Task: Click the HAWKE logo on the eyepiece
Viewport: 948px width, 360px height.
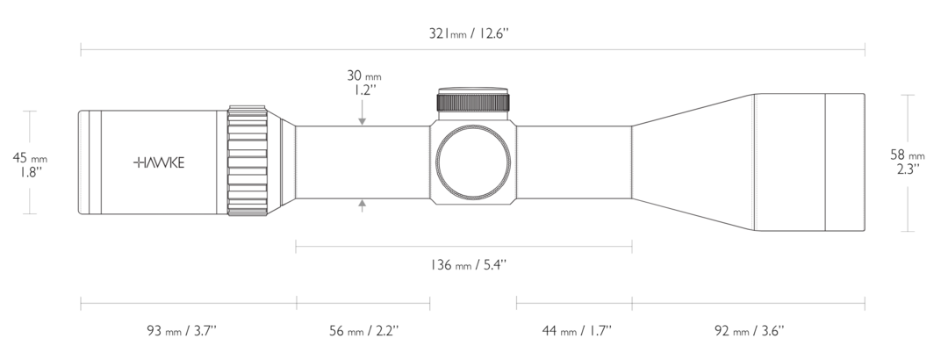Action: click(x=159, y=162)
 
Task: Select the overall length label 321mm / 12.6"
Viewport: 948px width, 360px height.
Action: click(x=470, y=33)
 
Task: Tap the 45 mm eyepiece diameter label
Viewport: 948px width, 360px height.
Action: click(x=30, y=158)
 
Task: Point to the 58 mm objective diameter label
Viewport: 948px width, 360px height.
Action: click(x=908, y=155)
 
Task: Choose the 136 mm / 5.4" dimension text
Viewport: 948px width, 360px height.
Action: click(x=469, y=265)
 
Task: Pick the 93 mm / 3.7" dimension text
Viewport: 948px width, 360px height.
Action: click(x=182, y=331)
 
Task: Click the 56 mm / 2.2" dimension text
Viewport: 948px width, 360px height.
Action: click(x=364, y=331)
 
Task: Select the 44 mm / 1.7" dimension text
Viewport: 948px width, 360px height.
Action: click(x=577, y=331)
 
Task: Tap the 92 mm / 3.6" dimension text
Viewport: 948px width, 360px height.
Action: click(x=750, y=331)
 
